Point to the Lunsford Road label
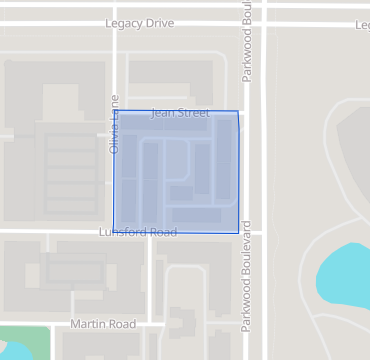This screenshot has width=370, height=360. [x=138, y=232]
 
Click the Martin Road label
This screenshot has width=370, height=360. [x=103, y=324]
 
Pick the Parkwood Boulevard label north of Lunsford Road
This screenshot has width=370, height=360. [x=246, y=55]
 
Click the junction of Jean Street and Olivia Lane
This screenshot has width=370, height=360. [x=115, y=111]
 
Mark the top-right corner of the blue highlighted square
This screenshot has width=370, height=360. [x=239, y=111]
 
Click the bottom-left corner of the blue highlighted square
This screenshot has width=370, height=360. [x=114, y=232]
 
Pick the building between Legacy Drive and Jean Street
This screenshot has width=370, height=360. [x=169, y=72]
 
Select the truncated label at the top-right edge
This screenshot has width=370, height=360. [x=362, y=24]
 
